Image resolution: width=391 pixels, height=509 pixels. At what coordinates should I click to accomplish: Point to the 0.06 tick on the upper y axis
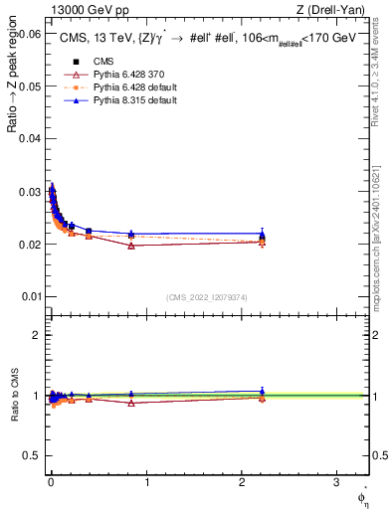[x=31, y=34]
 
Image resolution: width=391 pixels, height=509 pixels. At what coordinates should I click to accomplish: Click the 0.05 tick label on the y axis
[x=31, y=86]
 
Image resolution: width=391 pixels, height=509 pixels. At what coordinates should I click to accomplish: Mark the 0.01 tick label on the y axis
[x=31, y=296]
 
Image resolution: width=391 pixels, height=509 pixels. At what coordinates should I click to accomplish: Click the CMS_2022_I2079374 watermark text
[x=207, y=296]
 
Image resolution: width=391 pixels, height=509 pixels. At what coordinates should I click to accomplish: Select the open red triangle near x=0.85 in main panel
[x=131, y=246]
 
